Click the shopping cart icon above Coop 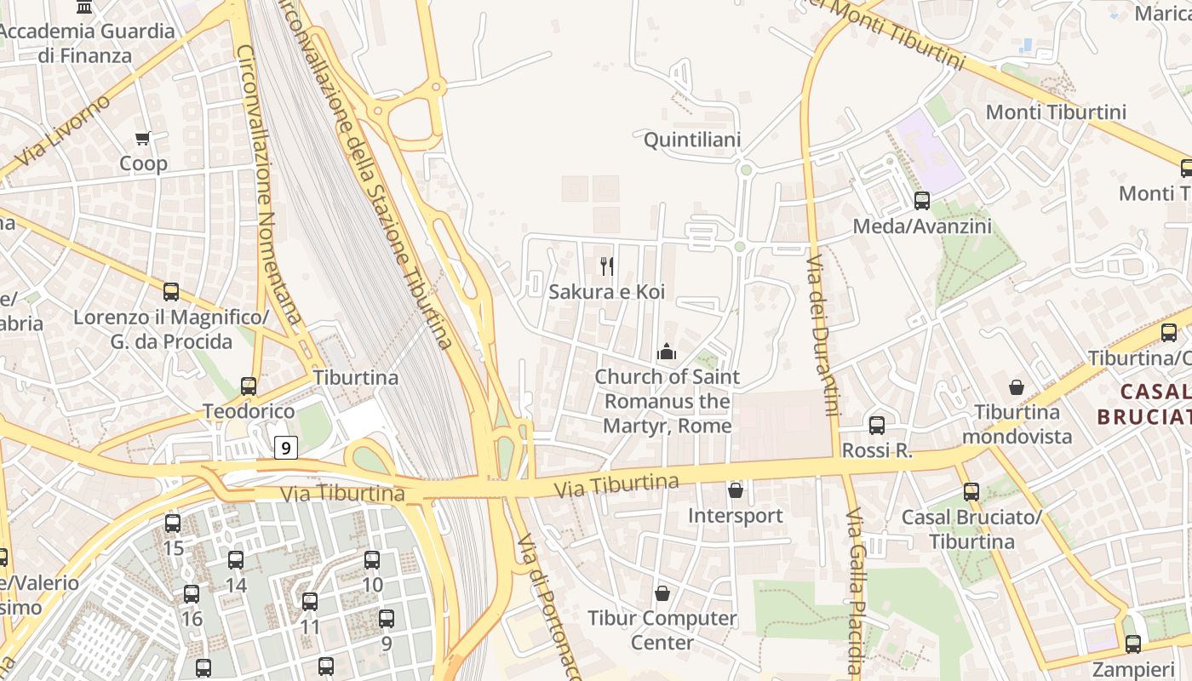[x=142, y=138]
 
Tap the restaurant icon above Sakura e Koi [x=607, y=266]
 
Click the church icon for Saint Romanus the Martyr [x=667, y=351]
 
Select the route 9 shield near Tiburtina [x=286, y=447]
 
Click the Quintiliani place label [x=692, y=140]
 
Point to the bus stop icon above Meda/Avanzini [x=922, y=201]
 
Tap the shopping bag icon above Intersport [x=736, y=490]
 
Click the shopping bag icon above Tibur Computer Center [x=662, y=592]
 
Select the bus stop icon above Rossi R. [x=877, y=425]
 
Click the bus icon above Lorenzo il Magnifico [x=171, y=292]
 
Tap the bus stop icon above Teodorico [x=249, y=386]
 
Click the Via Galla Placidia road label [x=855, y=592]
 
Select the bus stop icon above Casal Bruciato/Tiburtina [x=971, y=491]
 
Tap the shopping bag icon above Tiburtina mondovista [x=1017, y=387]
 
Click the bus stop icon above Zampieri [x=1132, y=644]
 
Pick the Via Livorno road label [x=63, y=131]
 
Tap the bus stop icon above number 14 [x=236, y=560]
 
